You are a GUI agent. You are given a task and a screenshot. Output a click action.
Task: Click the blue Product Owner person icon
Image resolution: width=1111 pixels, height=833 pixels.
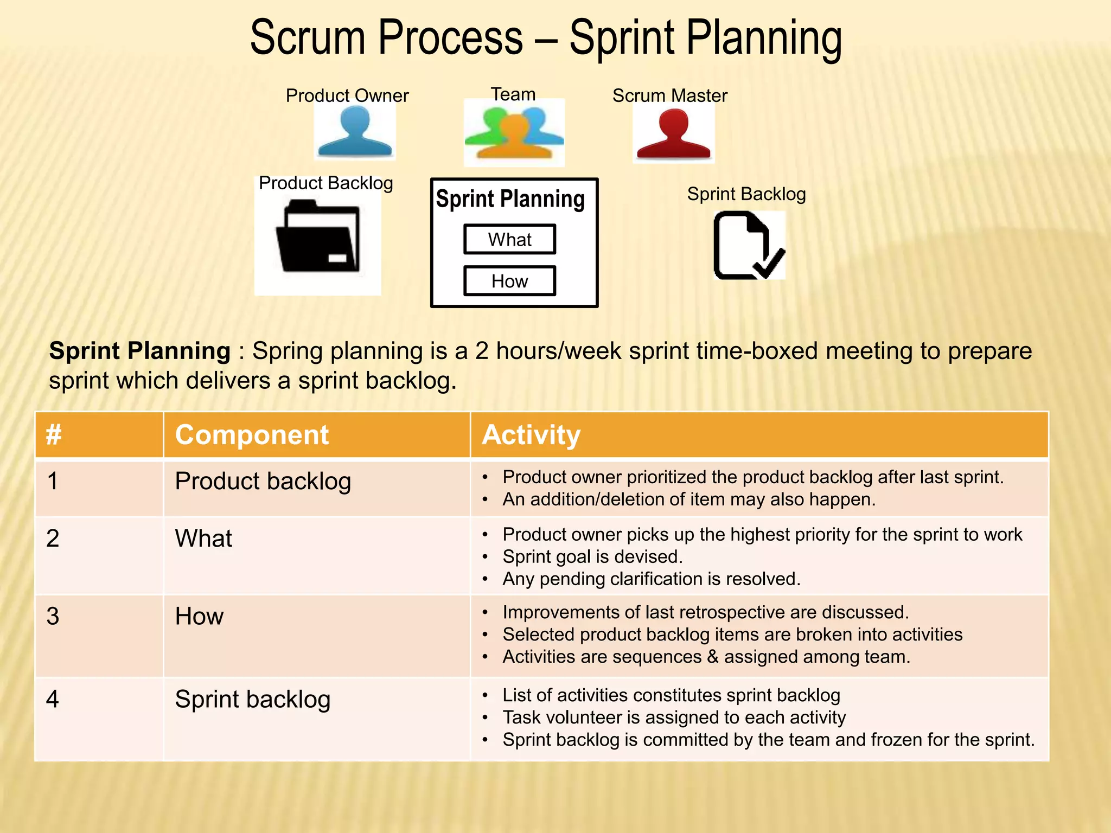pos(355,132)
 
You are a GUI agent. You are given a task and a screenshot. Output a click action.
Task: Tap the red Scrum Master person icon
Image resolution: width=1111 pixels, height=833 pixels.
pos(673,134)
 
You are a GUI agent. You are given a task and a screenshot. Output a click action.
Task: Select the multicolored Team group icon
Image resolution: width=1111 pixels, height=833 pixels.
pos(514,133)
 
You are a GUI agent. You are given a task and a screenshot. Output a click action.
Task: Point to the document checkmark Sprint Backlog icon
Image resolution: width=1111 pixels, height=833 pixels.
pos(749,246)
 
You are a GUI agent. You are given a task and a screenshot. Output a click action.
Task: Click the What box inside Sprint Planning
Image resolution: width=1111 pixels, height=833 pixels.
pos(509,239)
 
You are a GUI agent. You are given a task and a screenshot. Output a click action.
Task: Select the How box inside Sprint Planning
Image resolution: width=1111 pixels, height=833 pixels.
pos(509,281)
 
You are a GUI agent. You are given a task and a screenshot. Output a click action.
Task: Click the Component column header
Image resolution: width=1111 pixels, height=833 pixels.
pos(252,435)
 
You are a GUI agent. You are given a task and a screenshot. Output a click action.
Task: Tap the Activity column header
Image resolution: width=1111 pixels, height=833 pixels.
pos(531,435)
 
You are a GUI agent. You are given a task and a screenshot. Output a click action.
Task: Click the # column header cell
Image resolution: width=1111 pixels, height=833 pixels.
pos(54,435)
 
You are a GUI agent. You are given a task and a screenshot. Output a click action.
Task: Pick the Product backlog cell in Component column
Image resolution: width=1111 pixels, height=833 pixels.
pos(263,482)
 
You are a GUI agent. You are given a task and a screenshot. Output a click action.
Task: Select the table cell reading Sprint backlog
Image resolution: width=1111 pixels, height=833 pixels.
pos(253,700)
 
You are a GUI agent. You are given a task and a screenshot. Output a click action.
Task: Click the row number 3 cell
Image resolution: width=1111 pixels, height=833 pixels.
pos(53,617)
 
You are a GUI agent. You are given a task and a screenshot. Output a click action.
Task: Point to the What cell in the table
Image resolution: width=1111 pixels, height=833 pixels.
pos(203,539)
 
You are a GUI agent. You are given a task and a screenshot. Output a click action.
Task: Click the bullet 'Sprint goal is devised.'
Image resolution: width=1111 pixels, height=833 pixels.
pos(592,557)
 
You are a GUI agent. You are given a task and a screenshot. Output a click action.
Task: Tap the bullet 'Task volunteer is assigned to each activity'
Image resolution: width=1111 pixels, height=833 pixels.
pos(674,717)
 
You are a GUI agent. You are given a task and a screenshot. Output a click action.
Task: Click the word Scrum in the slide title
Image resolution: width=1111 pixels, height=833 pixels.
pos(308,38)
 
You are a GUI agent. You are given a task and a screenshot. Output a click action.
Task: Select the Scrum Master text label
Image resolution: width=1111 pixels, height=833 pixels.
pos(669,95)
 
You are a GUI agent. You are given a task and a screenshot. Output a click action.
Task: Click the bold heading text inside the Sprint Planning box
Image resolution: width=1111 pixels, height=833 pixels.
pos(510,199)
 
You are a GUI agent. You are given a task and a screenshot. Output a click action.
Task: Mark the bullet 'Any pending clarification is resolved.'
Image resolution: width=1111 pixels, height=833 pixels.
pos(651,579)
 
